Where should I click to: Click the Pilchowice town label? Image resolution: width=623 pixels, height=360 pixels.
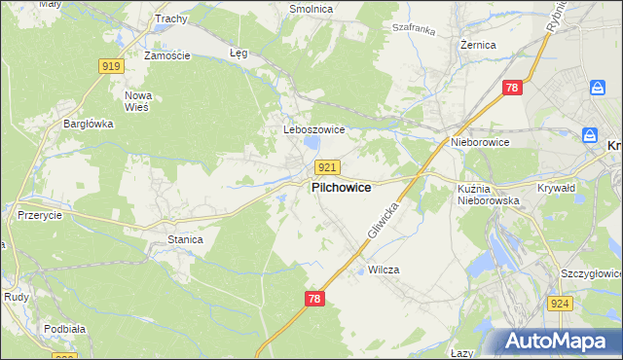coord(341,188)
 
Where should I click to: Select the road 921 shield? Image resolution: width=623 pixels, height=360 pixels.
coord(327,168)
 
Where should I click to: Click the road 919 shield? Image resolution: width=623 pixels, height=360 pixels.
coord(110,66)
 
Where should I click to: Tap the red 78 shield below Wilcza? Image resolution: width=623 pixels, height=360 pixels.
coord(313,299)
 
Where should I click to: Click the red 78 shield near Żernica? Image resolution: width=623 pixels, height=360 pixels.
coord(514,89)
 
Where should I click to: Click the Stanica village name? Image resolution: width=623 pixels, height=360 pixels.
coord(185,238)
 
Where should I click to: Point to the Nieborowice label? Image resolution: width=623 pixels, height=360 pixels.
coord(480,142)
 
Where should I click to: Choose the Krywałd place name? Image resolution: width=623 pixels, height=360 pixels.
coord(557,188)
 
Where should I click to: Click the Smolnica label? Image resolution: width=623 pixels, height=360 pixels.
coord(311,9)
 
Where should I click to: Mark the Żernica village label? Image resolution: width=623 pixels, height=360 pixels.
coord(478,45)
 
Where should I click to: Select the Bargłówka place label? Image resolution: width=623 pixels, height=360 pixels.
coord(89,124)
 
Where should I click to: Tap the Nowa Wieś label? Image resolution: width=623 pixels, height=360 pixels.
coord(137,101)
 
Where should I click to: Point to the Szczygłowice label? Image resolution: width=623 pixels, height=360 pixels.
coord(591,274)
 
